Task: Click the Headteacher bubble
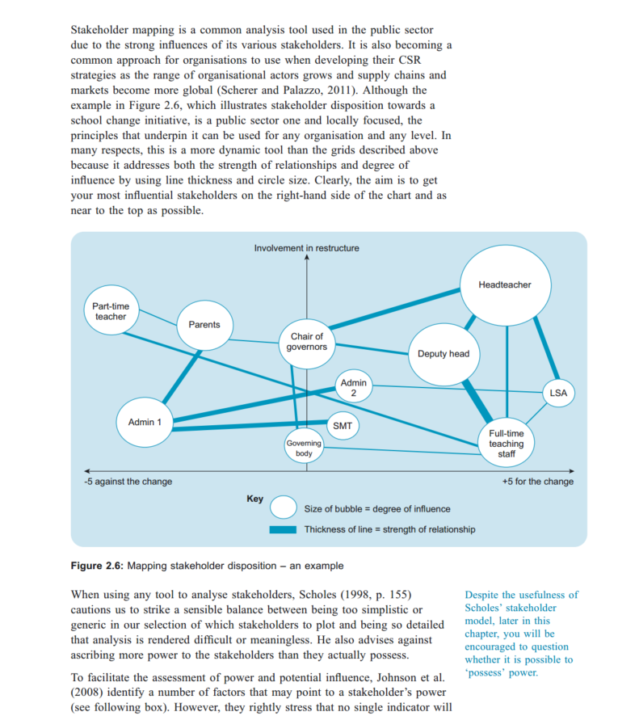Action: coord(506,285)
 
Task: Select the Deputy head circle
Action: coord(444,354)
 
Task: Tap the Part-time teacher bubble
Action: coord(111,311)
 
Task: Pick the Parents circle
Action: coord(204,325)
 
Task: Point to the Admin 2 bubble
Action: coord(353,388)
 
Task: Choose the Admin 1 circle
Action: coord(145,422)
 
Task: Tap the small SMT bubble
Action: coord(342,425)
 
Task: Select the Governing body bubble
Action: coord(304,449)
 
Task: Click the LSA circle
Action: coord(558,394)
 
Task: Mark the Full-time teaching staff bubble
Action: coord(507,444)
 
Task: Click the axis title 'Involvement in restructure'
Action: coord(307,248)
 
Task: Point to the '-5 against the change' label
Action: coord(128,482)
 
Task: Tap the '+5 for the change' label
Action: coord(538,482)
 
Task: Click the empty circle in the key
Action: coord(284,508)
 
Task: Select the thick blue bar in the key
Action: coord(284,530)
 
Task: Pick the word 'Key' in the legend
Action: coord(254,499)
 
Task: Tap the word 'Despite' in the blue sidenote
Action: coord(482,595)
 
